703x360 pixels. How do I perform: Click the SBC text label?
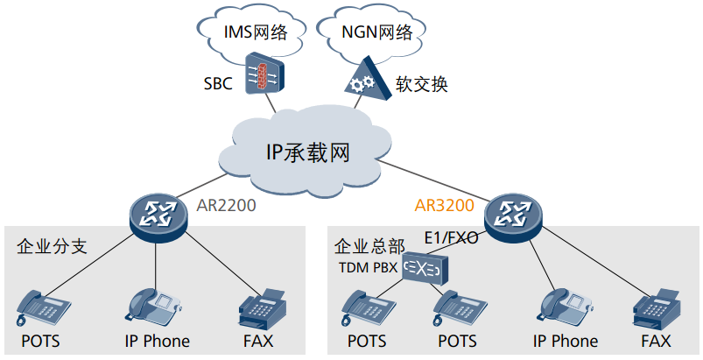(x=218, y=84)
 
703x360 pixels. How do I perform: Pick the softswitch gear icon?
(x=362, y=81)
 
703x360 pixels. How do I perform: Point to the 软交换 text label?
(x=422, y=84)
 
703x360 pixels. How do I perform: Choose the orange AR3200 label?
(x=444, y=207)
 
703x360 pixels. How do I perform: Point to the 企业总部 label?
(x=369, y=246)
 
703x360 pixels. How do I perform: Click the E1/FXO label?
(x=450, y=237)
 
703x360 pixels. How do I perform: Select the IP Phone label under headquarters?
(x=566, y=342)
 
